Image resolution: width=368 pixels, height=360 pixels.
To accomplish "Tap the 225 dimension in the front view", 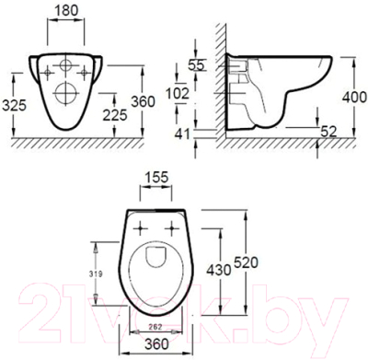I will click(114, 114).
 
